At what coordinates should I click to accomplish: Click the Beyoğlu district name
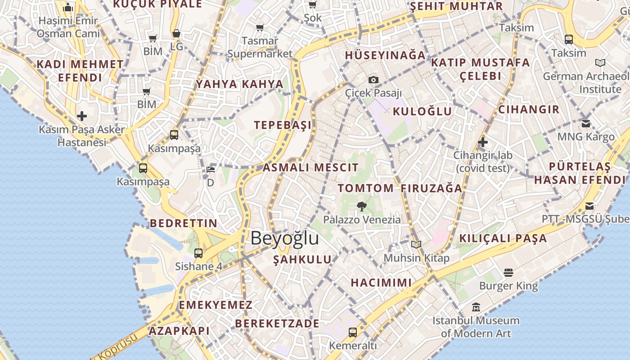(284, 238)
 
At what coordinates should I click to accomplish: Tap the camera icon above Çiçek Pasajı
(373, 80)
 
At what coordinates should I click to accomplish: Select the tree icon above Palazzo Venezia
(361, 207)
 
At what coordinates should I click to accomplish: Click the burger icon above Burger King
(508, 272)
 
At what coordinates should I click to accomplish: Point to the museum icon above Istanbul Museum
(476, 308)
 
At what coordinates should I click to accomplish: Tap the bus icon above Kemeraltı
(353, 333)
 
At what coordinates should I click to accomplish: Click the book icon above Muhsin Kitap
(416, 244)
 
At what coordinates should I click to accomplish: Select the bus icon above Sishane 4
(198, 253)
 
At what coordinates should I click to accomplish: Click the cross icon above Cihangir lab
(483, 143)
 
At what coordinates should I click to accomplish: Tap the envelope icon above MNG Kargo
(586, 123)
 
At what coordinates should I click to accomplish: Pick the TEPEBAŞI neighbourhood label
(283, 125)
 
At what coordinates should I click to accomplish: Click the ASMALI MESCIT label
(310, 168)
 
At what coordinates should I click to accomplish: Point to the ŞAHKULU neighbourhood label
(302, 259)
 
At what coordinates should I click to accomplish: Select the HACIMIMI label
(381, 283)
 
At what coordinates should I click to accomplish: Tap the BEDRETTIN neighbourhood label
(184, 223)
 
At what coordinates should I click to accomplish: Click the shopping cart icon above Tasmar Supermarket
(260, 28)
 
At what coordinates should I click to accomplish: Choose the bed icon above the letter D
(210, 170)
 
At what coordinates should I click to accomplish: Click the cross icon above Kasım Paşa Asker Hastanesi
(81, 116)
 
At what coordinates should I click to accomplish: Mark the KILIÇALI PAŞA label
(503, 238)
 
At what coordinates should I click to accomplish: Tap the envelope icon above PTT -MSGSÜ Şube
(589, 207)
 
